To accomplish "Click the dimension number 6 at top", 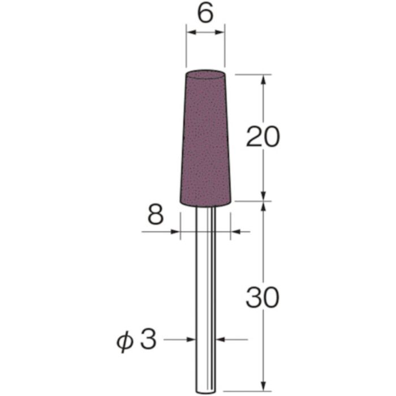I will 205,12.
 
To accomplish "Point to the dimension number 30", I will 262,299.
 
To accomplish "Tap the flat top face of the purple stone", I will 205,74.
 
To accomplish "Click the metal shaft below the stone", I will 205,283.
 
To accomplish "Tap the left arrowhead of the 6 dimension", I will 190,34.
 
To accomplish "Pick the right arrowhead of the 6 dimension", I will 221,34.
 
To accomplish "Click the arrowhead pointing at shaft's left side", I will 191,339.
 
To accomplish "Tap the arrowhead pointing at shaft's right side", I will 221,339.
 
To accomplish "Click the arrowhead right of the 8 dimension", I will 235,231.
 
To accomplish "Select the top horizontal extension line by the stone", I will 249,74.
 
